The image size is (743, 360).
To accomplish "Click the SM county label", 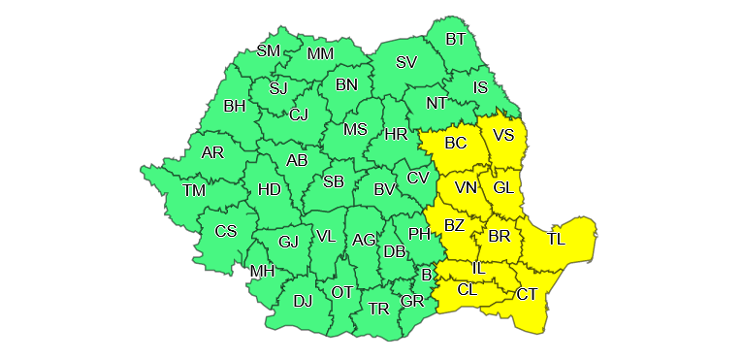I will pos(268,50).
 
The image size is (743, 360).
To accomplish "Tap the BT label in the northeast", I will pos(456,39).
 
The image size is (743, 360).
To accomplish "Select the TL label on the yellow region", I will pos(557,239).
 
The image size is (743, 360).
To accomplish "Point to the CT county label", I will pos(527,294).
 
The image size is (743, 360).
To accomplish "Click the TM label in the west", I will pos(194,190).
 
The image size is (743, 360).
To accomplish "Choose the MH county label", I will pos(263,271).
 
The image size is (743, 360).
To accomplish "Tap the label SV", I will pos(406,62).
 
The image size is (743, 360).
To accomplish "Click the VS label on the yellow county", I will pos(503,135).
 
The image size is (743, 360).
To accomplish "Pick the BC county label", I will pos(456,143).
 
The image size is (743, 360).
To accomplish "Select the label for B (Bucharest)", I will pos(425,275).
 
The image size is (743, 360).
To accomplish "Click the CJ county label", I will pos(298,115).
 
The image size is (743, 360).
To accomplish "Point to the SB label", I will pos(334,181).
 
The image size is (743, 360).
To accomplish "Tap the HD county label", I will pos(269,188).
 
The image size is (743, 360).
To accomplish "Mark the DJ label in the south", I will pos(303,301).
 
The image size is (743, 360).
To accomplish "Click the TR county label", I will pos(378,308).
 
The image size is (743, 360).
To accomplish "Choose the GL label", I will pos(503,187).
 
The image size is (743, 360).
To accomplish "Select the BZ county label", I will pos(455,226).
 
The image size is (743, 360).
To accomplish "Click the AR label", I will pos(212,152).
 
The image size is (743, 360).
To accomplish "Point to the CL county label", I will pos(468,289).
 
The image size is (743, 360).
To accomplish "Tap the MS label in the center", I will pos(356,129).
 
